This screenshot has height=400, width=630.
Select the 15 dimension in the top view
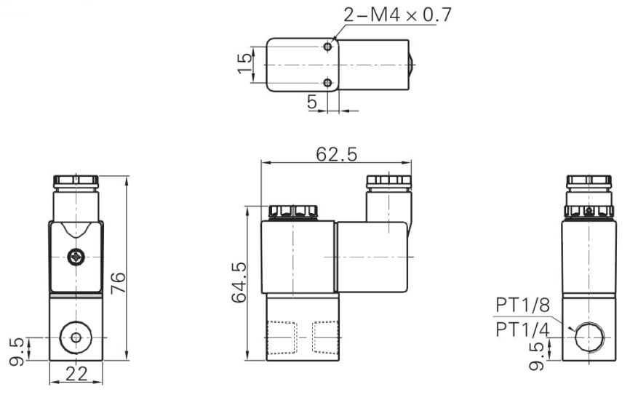tap(247, 65)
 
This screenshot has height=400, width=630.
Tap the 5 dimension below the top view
tap(312, 103)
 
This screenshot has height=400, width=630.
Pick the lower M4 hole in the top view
tap(330, 84)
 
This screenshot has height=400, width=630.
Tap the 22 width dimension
tap(76, 375)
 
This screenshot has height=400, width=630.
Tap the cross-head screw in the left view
tap(76, 257)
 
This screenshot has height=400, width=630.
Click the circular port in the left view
tap(76, 337)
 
